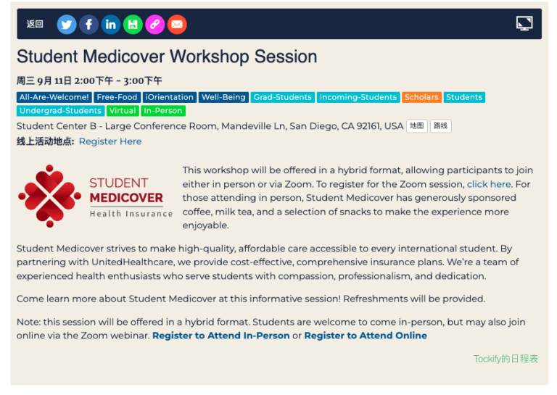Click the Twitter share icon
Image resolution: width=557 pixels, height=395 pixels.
67,25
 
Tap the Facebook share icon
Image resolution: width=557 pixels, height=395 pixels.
88,25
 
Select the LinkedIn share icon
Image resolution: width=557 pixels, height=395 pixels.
110,25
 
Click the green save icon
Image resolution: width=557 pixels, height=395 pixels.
133,25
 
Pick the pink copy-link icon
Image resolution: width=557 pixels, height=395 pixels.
154,25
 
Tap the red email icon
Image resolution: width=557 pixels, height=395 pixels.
176,25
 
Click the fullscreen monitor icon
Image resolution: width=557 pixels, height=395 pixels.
524,24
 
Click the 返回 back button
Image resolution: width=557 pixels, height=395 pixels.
35,24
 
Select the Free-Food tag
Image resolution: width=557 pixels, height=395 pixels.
117,97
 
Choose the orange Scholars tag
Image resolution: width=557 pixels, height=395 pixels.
421,97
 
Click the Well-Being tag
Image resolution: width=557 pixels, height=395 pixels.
223,97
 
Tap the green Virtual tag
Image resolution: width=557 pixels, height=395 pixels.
123,111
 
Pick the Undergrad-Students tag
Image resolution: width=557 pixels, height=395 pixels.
60,111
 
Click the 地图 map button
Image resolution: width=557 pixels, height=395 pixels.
417,126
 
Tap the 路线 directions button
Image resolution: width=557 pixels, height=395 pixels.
440,126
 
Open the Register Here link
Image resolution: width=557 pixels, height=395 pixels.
110,141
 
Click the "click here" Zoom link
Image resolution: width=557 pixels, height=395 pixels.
489,184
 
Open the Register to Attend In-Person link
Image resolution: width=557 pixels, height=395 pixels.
221,336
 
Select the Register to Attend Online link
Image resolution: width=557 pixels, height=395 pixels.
366,336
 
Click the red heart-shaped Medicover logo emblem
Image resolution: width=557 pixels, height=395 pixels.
50,196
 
